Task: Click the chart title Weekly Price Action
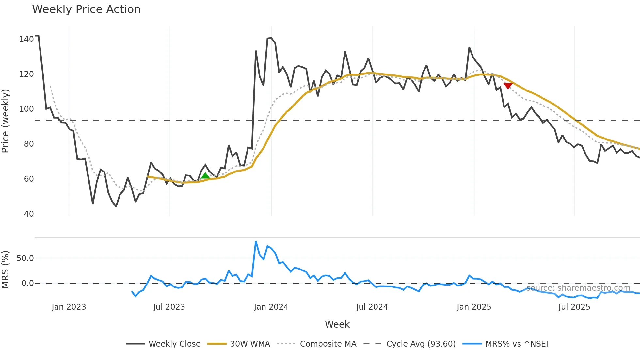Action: (86, 9)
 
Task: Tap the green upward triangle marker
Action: (205, 176)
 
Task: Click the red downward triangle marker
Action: (508, 86)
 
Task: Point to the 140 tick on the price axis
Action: (26, 39)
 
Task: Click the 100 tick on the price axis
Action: (26, 109)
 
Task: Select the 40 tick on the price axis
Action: (29, 214)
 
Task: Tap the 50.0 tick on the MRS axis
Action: (25, 258)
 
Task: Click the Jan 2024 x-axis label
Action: (271, 307)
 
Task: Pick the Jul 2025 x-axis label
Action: (574, 307)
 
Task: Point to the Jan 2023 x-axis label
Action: (69, 307)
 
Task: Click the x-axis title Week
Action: (337, 324)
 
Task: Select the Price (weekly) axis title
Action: (6, 121)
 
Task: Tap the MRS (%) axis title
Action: (6, 270)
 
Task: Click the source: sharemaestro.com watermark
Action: (578, 288)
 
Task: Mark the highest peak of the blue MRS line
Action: (256, 242)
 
